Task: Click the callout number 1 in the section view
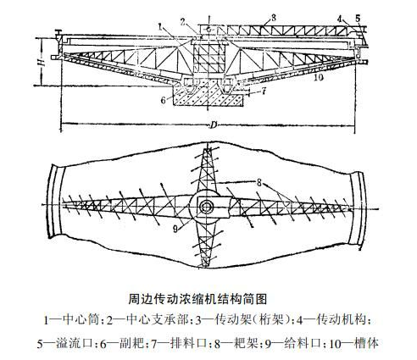pos(160,27)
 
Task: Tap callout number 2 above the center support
pos(183,23)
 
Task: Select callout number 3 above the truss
pos(273,18)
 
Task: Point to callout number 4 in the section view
pos(340,19)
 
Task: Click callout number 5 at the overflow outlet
pos(358,19)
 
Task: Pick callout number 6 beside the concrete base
pos(163,100)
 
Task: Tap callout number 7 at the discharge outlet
pos(264,91)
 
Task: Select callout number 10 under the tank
pos(319,77)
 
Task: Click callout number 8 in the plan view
pos(259,183)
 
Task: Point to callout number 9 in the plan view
pos(175,229)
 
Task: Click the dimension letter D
pos(213,125)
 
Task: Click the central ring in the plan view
pos(204,208)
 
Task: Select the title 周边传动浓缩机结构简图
pos(197,299)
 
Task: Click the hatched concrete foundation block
pos(208,96)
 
